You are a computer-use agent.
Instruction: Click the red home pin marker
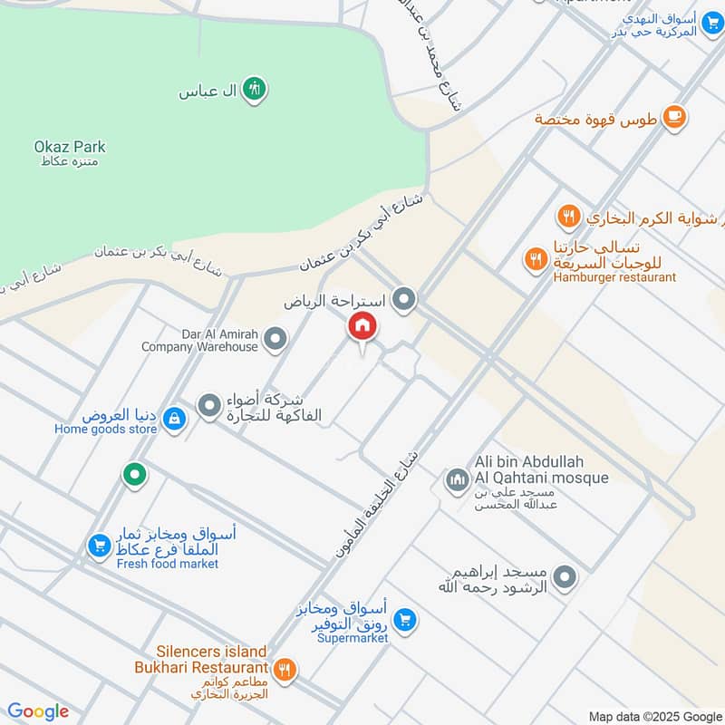pos(362,326)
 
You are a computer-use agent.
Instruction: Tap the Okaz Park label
pos(70,147)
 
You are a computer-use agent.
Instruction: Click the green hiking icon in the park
pos(255,89)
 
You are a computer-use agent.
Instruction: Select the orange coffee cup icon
pos(673,116)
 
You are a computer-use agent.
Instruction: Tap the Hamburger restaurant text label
pos(614,276)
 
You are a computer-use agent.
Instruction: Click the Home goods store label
pos(105,430)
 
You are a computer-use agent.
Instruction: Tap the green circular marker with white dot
pos(135,473)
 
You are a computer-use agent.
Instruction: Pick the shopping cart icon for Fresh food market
pos(98,545)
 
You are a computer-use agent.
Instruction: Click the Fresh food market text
pos(168,564)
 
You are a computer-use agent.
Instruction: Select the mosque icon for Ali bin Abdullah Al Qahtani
pos(456,478)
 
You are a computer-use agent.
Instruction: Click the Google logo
pos(38,711)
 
